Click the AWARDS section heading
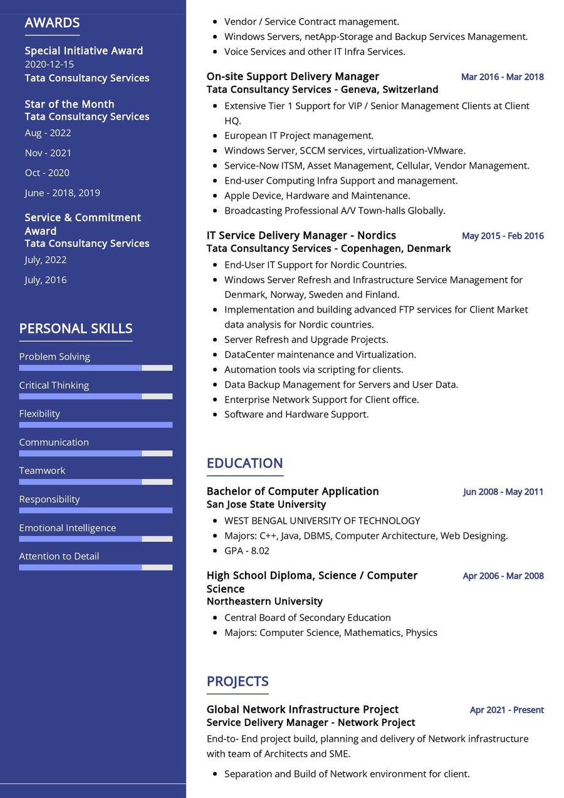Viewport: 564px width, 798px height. [x=52, y=23]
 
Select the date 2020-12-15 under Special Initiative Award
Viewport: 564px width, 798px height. [x=50, y=64]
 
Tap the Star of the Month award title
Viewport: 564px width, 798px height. [x=70, y=104]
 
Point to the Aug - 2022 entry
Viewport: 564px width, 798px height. [x=48, y=133]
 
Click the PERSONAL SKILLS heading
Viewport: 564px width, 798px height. [x=76, y=328]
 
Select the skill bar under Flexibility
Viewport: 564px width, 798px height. [x=95, y=425]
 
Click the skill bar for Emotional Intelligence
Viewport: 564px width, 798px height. [x=95, y=539]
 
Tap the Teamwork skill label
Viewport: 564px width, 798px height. [x=42, y=470]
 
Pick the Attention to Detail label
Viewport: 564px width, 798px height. [x=59, y=556]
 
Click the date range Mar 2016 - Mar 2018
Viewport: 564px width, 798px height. [x=502, y=77]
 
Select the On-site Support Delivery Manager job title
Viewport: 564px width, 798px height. [x=293, y=76]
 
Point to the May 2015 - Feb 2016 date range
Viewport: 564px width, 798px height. [x=503, y=236]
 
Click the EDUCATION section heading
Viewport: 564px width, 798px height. [x=244, y=463]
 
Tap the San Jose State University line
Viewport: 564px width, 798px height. [x=266, y=504]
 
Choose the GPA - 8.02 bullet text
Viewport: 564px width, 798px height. [x=247, y=551]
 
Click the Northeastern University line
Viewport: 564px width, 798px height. [x=264, y=601]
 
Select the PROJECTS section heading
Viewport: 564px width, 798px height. [x=238, y=681]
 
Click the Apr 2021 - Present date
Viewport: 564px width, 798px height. [x=506, y=710]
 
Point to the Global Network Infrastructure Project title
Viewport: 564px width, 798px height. [x=303, y=709]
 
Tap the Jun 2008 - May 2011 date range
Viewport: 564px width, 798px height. [x=503, y=492]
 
